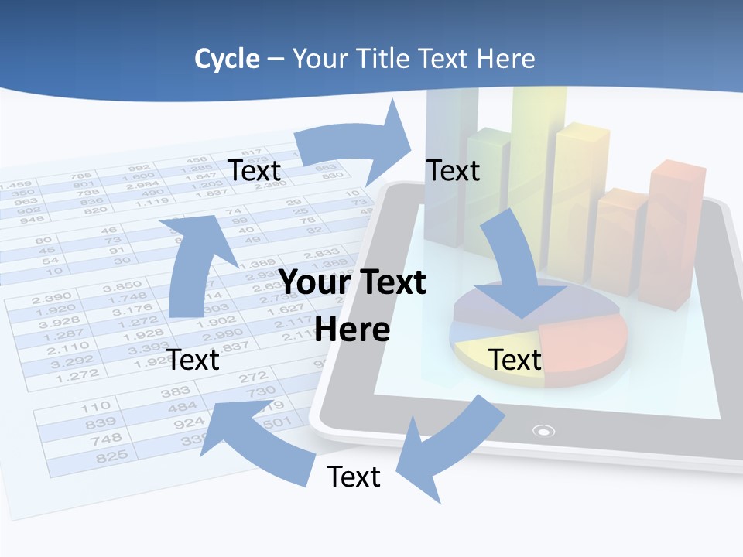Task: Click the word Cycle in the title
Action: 227,59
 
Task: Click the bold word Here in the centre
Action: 352,330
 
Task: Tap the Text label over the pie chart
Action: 515,360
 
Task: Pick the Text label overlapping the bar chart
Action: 454,170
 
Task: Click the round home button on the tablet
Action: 544,431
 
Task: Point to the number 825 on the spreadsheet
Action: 111,456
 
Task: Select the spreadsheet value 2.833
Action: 321,254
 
